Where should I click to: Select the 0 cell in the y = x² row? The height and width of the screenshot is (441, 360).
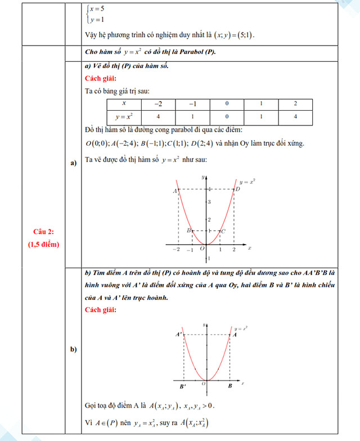(227, 117)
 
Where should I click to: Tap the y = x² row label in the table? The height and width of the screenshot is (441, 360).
(123, 117)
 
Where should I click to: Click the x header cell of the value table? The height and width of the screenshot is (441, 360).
(123, 104)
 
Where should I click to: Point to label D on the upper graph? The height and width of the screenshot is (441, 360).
(238, 189)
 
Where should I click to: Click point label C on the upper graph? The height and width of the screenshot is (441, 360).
(223, 231)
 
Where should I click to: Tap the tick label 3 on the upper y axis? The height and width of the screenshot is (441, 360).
(209, 202)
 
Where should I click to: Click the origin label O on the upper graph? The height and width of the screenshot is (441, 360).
(202, 249)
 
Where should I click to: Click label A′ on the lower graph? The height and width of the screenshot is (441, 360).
(178, 335)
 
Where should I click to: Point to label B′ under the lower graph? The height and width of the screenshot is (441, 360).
(183, 386)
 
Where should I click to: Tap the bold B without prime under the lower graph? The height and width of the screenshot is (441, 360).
(230, 386)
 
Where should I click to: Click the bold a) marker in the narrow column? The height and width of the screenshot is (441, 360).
(73, 164)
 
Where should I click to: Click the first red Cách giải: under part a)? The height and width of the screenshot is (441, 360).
(101, 78)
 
